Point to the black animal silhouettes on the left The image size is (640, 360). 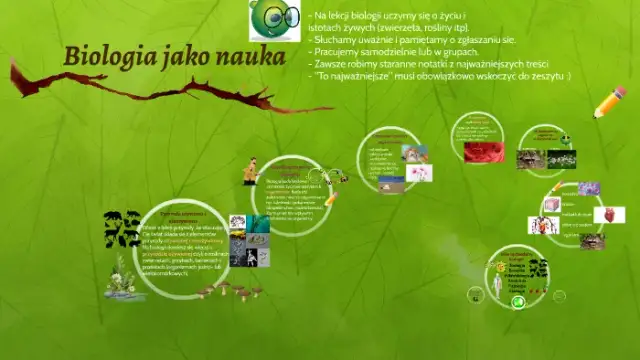coord(121,229)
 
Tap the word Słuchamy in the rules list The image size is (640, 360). coord(338,38)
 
